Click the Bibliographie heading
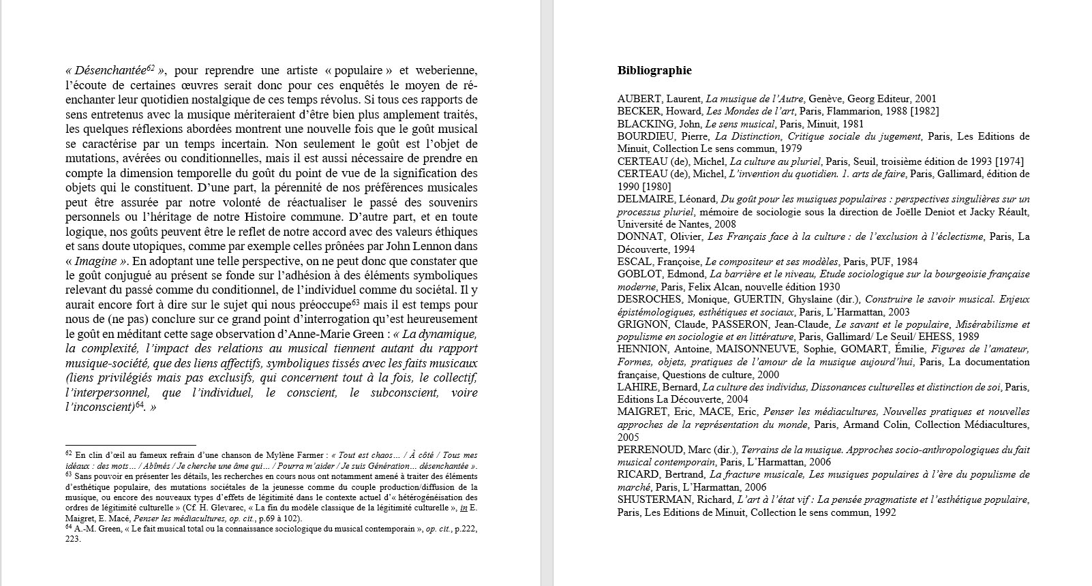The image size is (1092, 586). pos(654,71)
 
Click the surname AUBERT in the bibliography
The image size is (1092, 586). pos(639,99)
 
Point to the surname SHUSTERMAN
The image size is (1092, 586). pos(655,500)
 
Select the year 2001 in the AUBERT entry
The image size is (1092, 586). pos(925,99)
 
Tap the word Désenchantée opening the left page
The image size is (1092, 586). pos(108,71)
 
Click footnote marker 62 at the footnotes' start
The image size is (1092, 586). pos(69,454)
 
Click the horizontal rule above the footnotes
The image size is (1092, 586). pos(131,445)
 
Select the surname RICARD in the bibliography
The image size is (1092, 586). pos(638,475)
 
